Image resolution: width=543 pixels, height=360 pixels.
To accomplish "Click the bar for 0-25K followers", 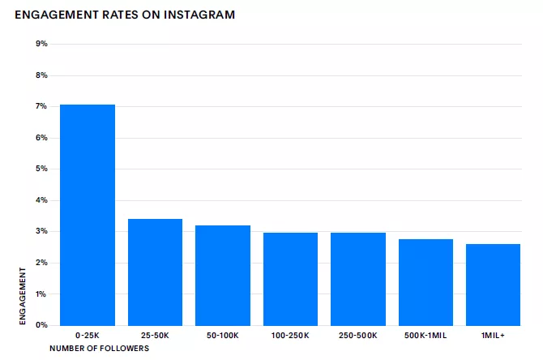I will (x=88, y=215).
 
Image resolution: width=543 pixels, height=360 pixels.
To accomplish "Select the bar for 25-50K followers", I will (x=155, y=272).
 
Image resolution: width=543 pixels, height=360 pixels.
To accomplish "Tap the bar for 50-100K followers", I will (x=223, y=275).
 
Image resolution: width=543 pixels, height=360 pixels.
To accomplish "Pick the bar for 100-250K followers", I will (x=290, y=279).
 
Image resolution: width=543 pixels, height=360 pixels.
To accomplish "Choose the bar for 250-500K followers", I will (x=358, y=279).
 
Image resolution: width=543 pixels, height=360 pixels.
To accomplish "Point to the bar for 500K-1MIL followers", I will (x=425, y=282).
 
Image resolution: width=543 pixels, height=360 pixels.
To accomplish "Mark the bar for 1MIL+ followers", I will (x=493, y=285).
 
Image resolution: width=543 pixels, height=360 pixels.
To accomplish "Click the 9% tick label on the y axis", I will (x=42, y=44).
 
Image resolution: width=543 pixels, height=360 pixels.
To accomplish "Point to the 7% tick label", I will (x=42, y=106).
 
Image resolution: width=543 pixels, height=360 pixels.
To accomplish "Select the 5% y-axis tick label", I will (x=42, y=169).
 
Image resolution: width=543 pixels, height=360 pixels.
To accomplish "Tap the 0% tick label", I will (x=42, y=325).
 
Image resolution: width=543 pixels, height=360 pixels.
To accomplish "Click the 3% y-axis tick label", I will (x=42, y=231).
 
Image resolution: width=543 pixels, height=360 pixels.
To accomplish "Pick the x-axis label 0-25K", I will (x=88, y=335).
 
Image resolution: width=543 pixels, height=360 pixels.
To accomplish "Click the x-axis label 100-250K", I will (x=290, y=335).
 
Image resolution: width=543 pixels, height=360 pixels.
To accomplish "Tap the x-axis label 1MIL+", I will (x=493, y=335).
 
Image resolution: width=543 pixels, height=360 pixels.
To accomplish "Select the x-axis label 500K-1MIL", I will (x=425, y=335).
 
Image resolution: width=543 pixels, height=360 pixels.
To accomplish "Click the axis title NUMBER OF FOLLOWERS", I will (x=100, y=349).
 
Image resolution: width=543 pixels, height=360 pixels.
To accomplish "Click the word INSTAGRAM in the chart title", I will (x=198, y=15).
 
